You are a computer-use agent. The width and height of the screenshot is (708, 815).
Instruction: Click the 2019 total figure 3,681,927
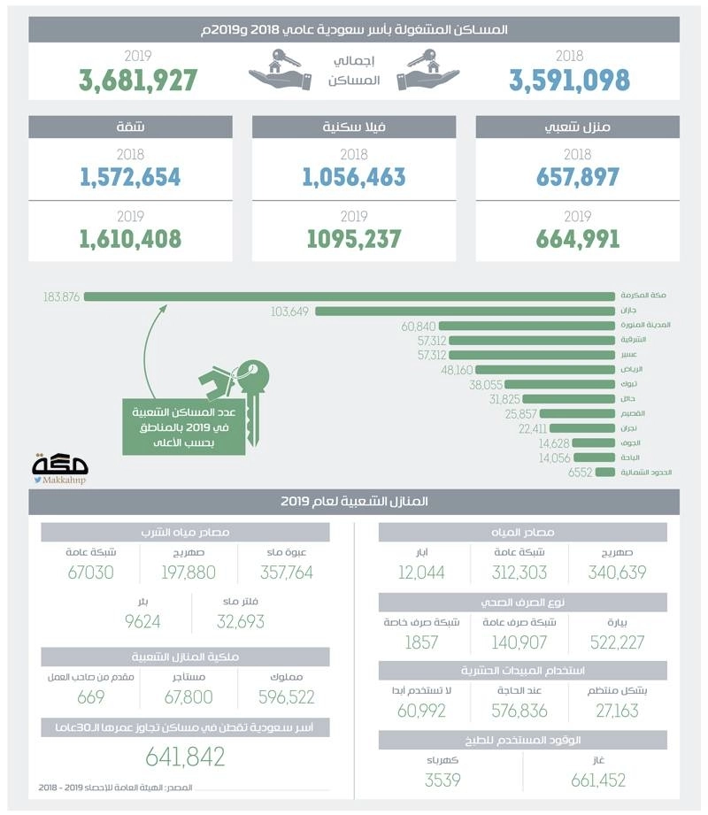(137, 80)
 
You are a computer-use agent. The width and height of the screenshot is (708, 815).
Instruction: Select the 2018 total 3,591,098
(569, 80)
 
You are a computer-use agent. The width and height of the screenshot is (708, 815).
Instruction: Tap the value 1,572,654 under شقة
(130, 177)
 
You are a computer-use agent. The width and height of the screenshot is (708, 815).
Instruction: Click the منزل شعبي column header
(577, 127)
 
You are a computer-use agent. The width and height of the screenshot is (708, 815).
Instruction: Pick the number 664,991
(577, 239)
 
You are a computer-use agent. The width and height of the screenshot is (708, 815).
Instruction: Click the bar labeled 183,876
(349, 296)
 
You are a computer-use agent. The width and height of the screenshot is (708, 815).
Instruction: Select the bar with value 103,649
(465, 311)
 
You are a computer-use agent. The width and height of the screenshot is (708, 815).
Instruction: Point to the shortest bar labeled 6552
(605, 473)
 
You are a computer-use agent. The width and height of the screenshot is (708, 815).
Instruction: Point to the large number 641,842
(185, 757)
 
